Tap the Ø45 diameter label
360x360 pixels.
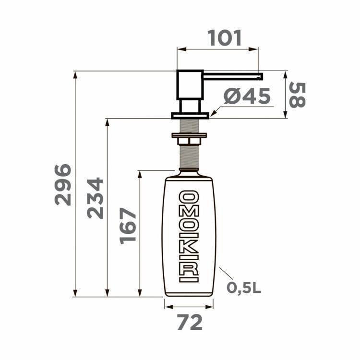tap(247, 97)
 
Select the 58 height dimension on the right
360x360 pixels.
tap(297, 95)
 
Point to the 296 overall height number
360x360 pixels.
tap(63, 185)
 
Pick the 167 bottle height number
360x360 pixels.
tap(128, 226)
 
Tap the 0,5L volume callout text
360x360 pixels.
tap(244, 288)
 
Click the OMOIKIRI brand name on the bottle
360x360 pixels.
tap(189, 235)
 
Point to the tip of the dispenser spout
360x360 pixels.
tap(261, 75)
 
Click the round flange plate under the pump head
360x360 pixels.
tap(190, 115)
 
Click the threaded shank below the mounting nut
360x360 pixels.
tap(189, 156)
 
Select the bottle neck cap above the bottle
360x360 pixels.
tap(189, 172)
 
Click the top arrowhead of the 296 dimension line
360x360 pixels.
tap(75, 74)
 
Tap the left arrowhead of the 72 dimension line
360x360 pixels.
tap(167, 306)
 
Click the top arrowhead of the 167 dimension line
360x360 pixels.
tap(140, 173)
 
